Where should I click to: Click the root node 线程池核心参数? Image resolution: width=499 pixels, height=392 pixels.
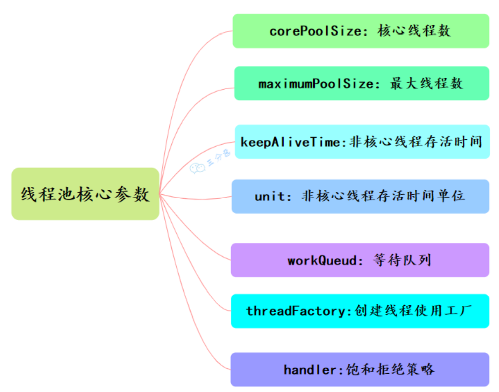pyautogui.click(x=85, y=194)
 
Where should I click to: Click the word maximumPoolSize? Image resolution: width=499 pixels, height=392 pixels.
pyautogui.click(x=315, y=84)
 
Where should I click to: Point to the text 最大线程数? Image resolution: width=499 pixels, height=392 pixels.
pyautogui.click(x=426, y=84)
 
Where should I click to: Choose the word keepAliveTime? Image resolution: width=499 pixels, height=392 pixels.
pyautogui.click(x=291, y=142)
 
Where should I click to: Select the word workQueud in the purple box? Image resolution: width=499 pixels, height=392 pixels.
pyautogui.click(x=322, y=260)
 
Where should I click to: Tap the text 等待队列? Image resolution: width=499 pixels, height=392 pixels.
pyautogui.click(x=402, y=260)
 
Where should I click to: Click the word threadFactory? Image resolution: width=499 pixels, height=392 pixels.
pyautogui.click(x=299, y=311)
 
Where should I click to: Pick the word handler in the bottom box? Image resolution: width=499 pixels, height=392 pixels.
pyautogui.click(x=309, y=370)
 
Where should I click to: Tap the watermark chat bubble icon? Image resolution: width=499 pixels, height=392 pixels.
pyautogui.click(x=197, y=168)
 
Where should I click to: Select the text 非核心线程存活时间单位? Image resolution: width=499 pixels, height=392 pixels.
pyautogui.click(x=383, y=196)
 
